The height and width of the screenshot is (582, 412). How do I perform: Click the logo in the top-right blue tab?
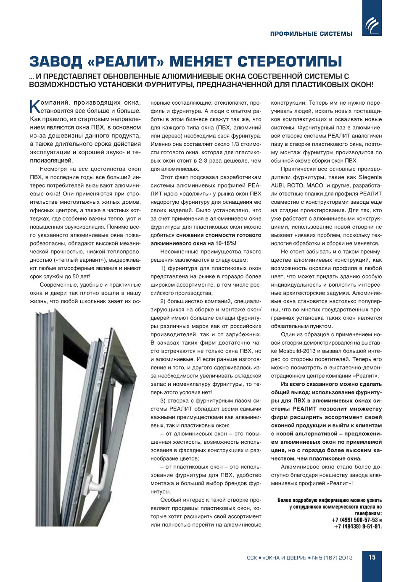tap(372, 24)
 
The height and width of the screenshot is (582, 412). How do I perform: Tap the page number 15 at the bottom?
tap(372, 557)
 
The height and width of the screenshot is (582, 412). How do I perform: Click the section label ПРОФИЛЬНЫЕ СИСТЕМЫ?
tap(311, 34)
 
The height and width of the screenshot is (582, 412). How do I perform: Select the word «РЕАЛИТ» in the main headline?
tap(126, 62)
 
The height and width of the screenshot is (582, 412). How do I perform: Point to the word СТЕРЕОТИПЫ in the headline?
tap(290, 62)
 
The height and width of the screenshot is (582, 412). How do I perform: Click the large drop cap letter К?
tap(35, 106)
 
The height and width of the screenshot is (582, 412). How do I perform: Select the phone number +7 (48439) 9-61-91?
tap(358, 527)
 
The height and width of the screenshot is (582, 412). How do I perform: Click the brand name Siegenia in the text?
tap(370, 177)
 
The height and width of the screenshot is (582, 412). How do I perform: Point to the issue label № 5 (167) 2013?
tap(332, 558)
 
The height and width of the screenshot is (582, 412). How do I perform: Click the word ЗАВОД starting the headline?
tap(55, 62)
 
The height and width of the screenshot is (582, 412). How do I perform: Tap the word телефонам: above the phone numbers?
tap(368, 513)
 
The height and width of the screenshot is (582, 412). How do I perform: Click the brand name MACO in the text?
tap(314, 185)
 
